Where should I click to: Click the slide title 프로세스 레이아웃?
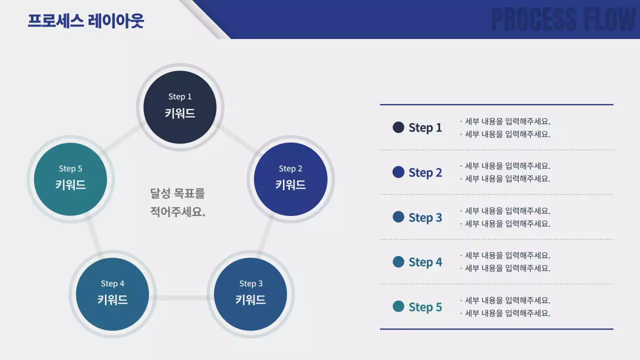pos(85,21)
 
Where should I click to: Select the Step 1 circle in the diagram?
pos(180,107)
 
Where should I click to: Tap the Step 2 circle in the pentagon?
pos(290,179)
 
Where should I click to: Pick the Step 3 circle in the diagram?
pos(250,294)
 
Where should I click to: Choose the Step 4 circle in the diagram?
pos(112,294)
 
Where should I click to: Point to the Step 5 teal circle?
pos(70,179)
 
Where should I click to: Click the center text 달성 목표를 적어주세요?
pos(177,202)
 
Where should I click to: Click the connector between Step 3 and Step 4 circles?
pos(181,298)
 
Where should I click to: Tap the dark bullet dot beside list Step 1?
pos(398,127)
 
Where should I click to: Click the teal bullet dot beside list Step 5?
pos(398,306)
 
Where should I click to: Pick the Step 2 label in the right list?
pos(425,172)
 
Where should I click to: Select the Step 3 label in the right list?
pos(425,217)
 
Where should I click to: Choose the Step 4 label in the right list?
pos(425,262)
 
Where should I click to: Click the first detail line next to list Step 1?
pos(505,121)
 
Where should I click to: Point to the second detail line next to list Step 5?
pos(505,313)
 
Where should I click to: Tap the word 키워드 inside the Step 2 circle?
pos(290,185)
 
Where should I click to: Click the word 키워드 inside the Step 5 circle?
pos(70,185)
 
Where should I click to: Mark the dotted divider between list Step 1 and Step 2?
pos(496,149)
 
